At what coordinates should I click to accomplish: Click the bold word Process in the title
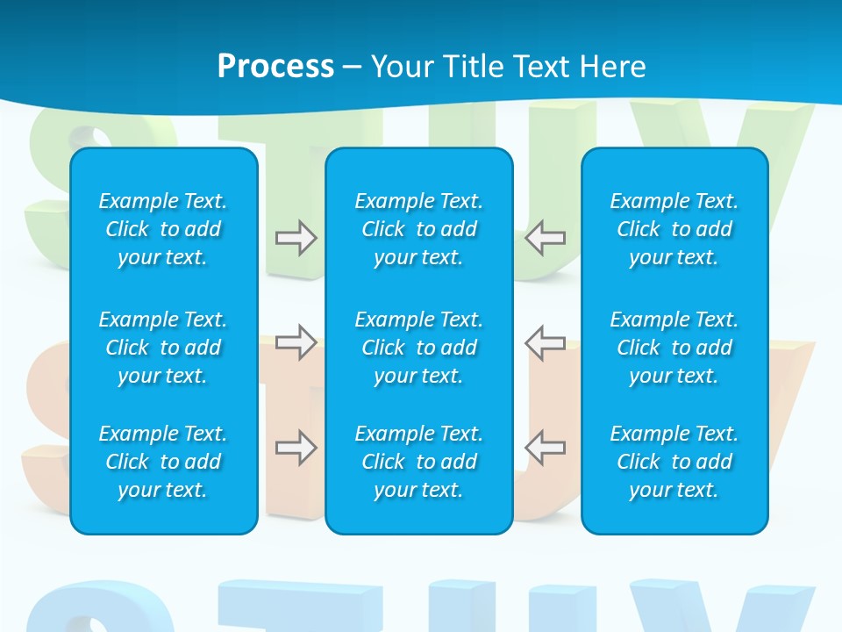point(275,67)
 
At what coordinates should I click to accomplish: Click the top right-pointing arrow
point(296,238)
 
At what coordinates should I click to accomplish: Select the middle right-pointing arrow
point(296,342)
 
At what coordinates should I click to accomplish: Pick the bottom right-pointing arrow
point(296,448)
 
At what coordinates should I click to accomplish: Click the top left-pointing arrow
point(546,238)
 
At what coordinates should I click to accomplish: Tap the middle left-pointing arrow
point(546,342)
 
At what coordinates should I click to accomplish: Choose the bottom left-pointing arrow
point(546,448)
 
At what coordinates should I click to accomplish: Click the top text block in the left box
point(163,229)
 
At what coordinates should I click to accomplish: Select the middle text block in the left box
point(163,348)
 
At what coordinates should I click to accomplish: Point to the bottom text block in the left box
point(163,462)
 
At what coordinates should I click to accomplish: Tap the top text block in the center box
point(419,229)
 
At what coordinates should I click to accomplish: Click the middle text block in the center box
point(419,348)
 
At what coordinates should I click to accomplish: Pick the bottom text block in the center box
point(419,462)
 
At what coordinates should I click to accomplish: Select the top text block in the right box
point(674,229)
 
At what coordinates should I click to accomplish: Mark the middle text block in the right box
point(674,348)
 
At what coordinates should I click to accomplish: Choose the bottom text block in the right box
point(674,462)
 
